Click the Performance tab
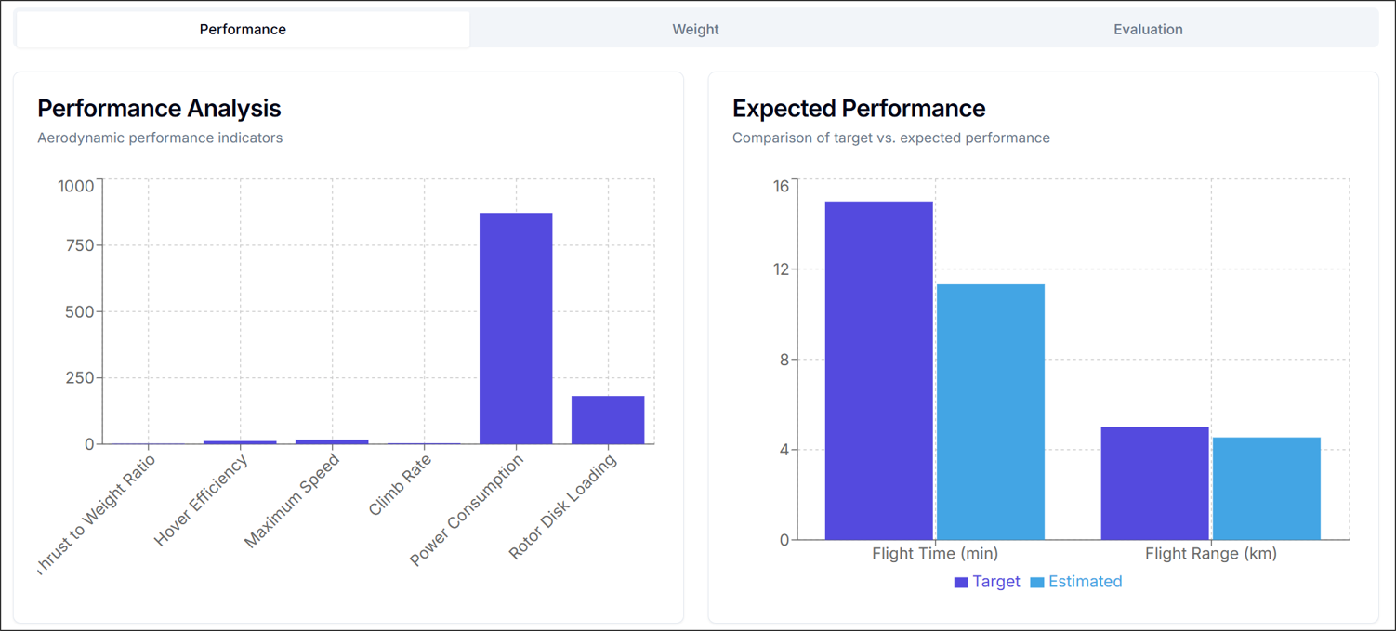point(243,30)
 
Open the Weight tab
point(695,30)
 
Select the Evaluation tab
point(1148,30)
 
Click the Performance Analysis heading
point(159,109)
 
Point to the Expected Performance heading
point(859,109)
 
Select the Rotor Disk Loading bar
point(608,420)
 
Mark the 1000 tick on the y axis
point(75,186)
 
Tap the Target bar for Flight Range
point(1154,483)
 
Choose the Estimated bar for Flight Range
point(1266,488)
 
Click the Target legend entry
point(987,582)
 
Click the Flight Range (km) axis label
point(1210,554)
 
